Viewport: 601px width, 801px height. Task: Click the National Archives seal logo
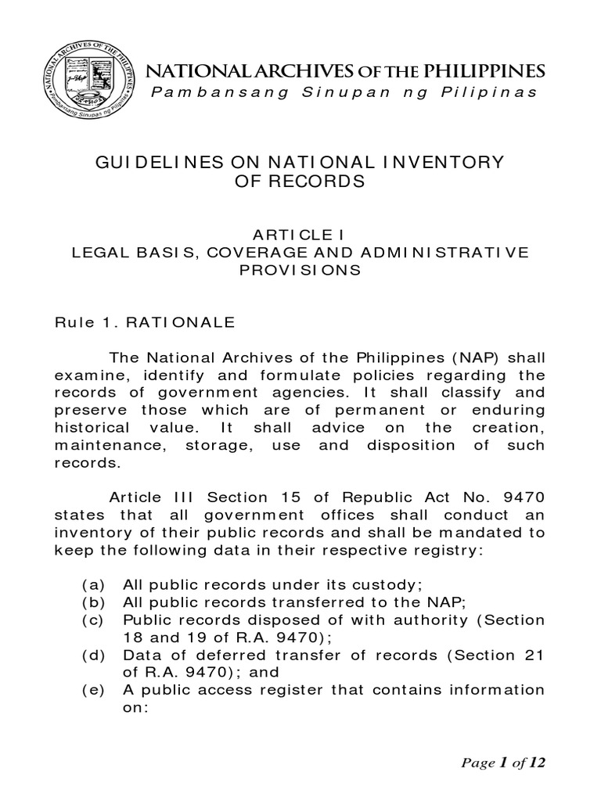[x=88, y=84]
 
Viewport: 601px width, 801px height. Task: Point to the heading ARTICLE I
[x=300, y=234]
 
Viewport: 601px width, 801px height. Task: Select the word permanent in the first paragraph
[x=355, y=410]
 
